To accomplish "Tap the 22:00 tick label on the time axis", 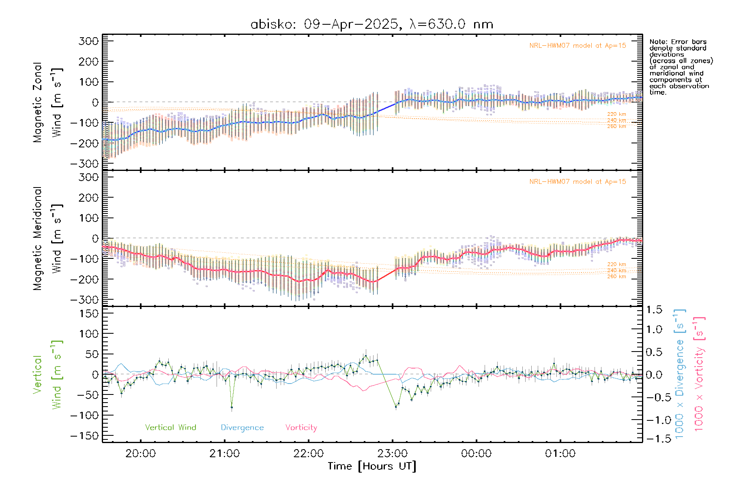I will click(x=309, y=454).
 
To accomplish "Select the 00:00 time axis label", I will click(x=476, y=454).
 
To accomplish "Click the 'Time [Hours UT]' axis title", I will click(x=372, y=466).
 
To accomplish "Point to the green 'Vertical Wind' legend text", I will click(x=170, y=427).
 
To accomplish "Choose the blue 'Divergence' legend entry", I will click(x=242, y=428).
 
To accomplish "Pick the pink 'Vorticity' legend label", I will click(x=301, y=428).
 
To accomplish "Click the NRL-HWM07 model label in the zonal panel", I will click(x=578, y=46).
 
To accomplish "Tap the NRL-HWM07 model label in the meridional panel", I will click(x=578, y=182).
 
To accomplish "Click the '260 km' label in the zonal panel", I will click(x=616, y=126).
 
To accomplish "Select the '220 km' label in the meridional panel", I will click(x=616, y=264).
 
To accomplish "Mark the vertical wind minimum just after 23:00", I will click(x=396, y=406).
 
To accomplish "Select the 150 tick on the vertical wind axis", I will click(x=89, y=313).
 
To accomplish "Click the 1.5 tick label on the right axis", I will click(x=654, y=310).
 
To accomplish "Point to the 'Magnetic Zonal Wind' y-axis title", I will click(x=47, y=102).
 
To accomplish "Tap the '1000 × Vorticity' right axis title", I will click(x=699, y=374).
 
